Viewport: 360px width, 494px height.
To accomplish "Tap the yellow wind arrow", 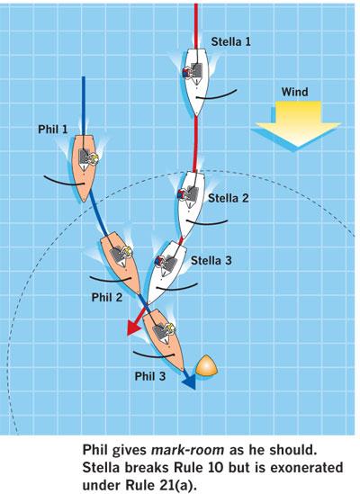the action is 298,124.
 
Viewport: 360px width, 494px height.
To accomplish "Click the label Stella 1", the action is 230,41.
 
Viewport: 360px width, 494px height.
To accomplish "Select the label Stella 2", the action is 229,198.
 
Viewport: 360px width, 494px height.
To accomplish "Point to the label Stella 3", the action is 211,260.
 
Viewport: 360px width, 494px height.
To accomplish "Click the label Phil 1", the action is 53,130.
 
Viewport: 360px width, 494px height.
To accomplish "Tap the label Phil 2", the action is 107,297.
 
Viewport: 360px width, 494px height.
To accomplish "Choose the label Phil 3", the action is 150,376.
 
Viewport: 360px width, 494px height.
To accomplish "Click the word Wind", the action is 294,92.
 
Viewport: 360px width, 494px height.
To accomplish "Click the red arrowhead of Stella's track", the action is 133,328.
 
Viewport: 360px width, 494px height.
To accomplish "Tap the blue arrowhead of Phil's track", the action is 189,382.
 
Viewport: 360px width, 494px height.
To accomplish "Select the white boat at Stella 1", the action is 196,82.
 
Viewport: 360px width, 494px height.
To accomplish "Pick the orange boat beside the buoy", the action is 163,339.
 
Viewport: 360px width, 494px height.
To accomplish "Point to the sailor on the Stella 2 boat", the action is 182,194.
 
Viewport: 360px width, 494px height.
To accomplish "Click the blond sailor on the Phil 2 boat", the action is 127,252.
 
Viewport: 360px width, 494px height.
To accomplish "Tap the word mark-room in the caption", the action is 188,451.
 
